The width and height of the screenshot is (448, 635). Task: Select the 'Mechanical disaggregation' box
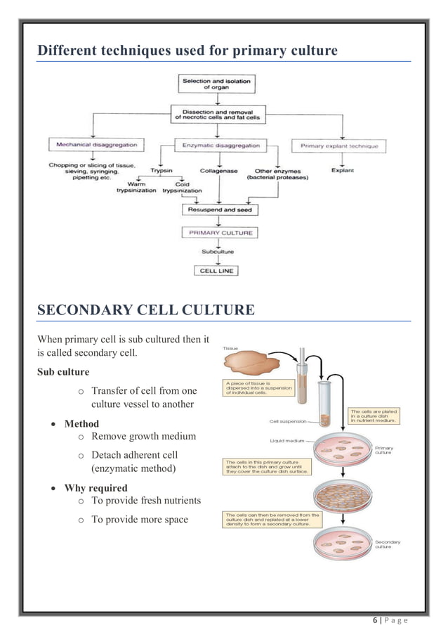tap(97, 146)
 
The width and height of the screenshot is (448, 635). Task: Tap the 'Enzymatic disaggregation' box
tap(221, 146)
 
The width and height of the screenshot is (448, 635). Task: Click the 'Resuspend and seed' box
tap(220, 210)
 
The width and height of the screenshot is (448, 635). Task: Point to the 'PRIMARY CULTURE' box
tap(220, 232)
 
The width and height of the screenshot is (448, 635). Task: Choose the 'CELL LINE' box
tap(217, 270)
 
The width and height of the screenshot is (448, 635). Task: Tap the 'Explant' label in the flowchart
tap(342, 170)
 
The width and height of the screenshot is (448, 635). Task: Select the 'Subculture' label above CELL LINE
tap(218, 251)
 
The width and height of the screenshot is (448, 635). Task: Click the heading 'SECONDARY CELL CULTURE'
tap(145, 309)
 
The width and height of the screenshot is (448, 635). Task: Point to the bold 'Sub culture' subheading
tap(63, 371)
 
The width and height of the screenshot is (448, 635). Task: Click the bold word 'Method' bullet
tap(81, 423)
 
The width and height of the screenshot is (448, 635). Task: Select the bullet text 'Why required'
tap(95, 487)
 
